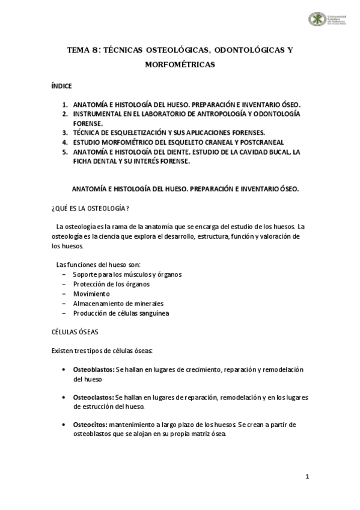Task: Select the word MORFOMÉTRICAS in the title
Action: tap(180, 64)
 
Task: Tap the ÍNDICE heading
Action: tap(62, 86)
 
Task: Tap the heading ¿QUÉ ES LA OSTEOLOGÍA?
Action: tap(91, 208)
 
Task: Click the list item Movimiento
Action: tap(91, 293)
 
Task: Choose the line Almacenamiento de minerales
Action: tap(118, 303)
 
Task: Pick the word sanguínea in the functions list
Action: tap(153, 313)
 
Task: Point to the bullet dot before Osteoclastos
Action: tap(64, 398)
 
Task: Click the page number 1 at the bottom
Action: tap(307, 478)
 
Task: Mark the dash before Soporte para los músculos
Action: tap(64, 274)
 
